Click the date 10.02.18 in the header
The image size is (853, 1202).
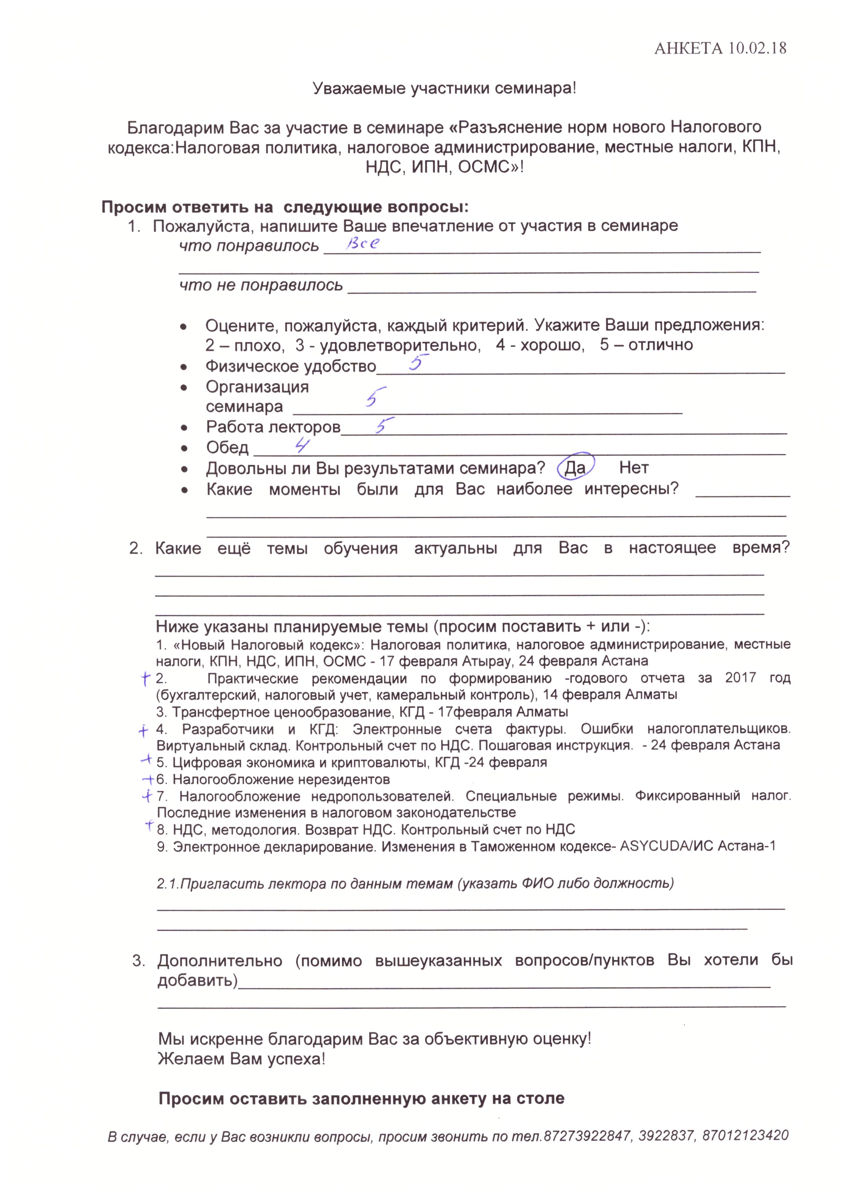pyautogui.click(x=757, y=48)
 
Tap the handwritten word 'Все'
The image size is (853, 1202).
pyautogui.click(x=362, y=244)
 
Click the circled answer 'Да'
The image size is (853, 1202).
pyautogui.click(x=575, y=467)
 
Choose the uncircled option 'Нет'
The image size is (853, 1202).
pyautogui.click(x=634, y=467)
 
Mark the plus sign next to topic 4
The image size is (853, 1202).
pyautogui.click(x=143, y=730)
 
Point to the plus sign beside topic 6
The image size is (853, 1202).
pyautogui.click(x=148, y=779)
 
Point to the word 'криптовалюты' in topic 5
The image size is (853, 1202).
pyautogui.click(x=379, y=762)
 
